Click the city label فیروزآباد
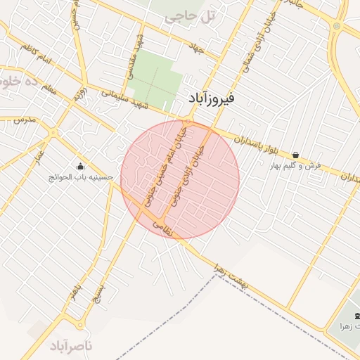click(x=214, y=98)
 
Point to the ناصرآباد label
click(x=71, y=345)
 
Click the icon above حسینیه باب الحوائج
click(x=80, y=167)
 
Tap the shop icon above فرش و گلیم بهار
click(x=295, y=155)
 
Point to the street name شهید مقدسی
click(x=131, y=56)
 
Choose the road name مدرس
click(x=23, y=120)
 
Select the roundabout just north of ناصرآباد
click(x=80, y=325)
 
